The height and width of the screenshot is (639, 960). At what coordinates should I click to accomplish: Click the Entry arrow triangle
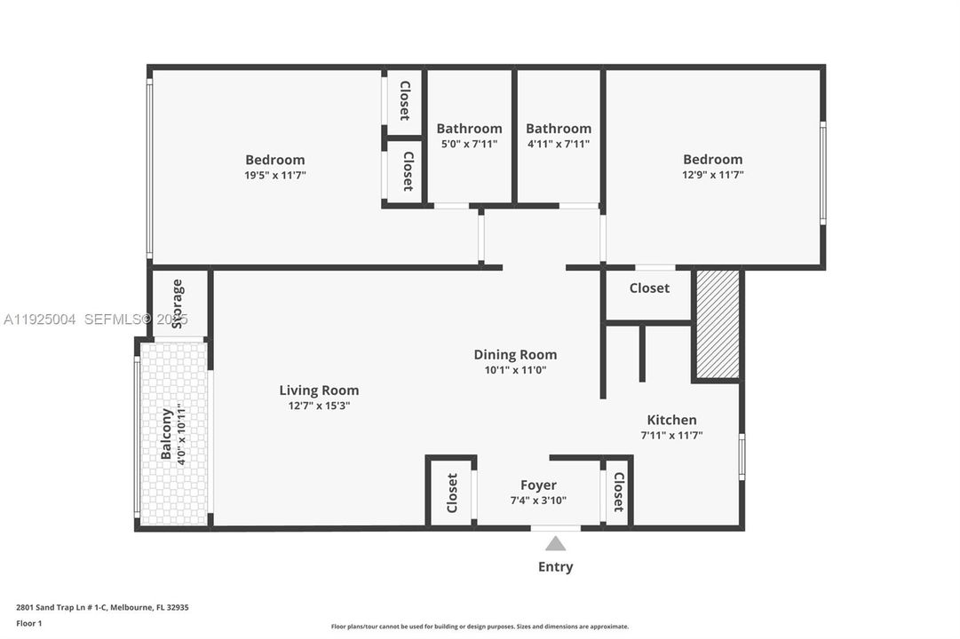(555, 543)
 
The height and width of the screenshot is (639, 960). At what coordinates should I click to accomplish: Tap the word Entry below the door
(555, 567)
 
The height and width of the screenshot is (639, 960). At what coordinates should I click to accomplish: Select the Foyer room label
(538, 485)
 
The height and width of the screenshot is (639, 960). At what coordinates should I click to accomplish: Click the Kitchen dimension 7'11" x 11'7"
(671, 435)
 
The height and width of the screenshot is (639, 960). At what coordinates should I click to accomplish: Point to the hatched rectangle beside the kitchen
(717, 325)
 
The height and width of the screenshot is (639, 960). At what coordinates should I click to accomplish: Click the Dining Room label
(515, 355)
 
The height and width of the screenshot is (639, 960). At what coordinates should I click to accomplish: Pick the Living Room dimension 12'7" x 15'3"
(319, 406)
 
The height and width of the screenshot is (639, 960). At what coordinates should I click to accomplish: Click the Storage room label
(178, 304)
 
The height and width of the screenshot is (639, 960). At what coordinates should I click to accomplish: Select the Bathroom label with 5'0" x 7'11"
(469, 129)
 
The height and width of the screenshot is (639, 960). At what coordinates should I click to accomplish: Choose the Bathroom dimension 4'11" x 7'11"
(558, 144)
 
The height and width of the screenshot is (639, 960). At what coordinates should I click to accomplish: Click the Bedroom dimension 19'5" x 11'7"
(275, 175)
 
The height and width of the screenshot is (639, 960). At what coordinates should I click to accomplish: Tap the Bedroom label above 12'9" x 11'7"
(712, 160)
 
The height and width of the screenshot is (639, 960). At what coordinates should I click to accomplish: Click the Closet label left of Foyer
(452, 493)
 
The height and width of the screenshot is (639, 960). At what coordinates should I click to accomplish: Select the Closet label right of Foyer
(618, 493)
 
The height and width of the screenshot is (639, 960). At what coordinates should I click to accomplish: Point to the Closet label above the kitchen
(649, 288)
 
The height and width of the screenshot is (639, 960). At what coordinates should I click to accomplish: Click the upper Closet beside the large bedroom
(404, 101)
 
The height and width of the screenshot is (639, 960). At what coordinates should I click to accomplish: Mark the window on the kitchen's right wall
(742, 457)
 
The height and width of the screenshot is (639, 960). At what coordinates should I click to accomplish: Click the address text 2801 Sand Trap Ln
(102, 608)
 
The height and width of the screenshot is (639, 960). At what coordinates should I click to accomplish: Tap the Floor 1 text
(29, 624)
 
